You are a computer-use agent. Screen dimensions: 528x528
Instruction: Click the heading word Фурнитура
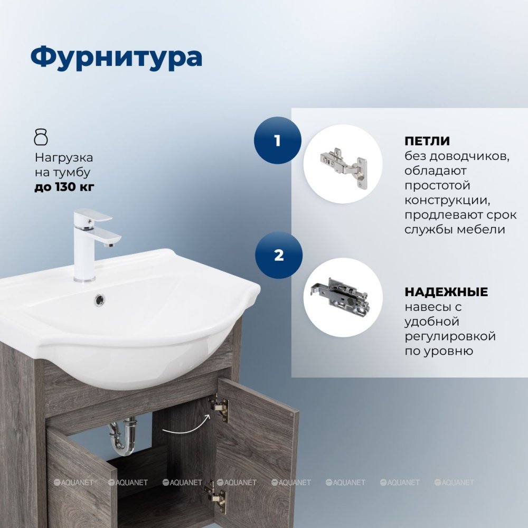(x=116, y=58)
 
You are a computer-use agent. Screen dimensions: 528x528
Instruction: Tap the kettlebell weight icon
(x=41, y=136)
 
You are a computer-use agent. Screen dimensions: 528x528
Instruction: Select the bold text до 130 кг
(x=64, y=187)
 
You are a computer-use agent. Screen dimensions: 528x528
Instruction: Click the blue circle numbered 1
(x=278, y=140)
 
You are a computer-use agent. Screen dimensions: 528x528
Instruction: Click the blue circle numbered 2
(x=279, y=255)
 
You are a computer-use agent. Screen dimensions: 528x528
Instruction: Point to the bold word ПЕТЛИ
(x=427, y=141)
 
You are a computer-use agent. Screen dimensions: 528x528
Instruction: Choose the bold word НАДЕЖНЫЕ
(x=446, y=292)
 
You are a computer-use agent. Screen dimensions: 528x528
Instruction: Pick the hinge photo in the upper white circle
(x=343, y=164)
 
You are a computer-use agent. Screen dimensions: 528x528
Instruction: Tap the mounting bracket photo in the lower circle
(x=340, y=294)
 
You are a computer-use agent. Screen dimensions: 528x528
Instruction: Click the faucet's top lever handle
(x=93, y=215)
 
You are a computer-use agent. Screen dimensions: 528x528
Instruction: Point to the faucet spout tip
(x=109, y=245)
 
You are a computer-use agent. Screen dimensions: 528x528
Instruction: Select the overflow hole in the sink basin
(x=99, y=299)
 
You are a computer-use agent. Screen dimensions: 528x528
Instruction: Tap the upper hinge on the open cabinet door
(x=219, y=407)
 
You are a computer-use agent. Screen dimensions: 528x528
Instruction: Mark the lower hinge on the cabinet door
(x=216, y=496)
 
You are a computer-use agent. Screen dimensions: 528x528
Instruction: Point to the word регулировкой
(x=450, y=336)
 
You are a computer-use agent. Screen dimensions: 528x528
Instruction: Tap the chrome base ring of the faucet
(x=84, y=279)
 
